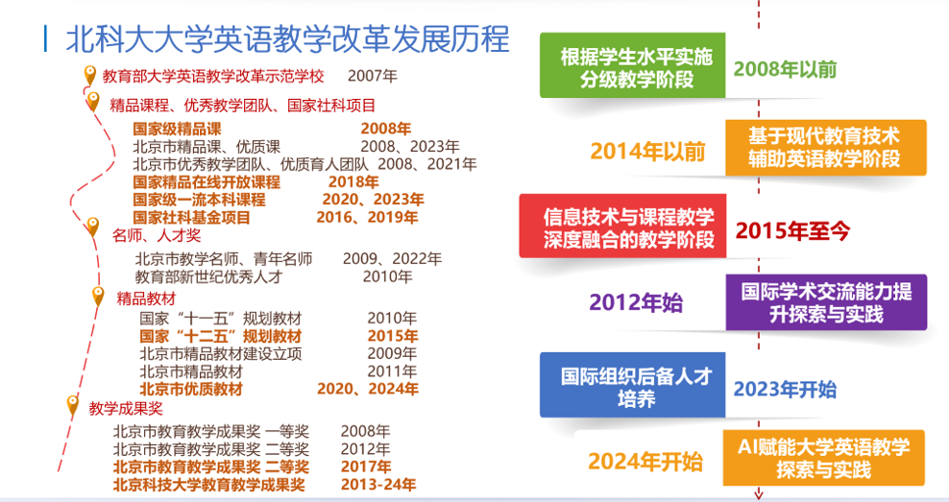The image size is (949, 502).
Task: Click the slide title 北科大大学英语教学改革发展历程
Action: click(287, 40)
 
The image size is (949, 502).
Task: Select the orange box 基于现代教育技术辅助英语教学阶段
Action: click(823, 147)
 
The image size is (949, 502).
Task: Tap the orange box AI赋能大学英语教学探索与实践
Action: click(823, 457)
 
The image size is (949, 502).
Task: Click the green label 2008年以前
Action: click(785, 69)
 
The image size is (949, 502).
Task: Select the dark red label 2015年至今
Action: click(792, 230)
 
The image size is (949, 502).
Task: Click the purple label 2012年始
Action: click(636, 303)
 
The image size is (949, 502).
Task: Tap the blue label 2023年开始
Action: click(785, 389)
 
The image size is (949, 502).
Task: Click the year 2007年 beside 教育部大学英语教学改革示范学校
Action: click(373, 75)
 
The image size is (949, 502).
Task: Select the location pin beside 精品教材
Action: click(97, 297)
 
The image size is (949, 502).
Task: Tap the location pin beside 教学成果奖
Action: click(71, 406)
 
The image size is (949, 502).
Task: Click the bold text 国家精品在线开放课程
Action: click(206, 181)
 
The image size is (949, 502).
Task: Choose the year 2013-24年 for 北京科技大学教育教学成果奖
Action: click(378, 485)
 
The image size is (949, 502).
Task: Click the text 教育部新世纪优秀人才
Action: click(208, 276)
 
